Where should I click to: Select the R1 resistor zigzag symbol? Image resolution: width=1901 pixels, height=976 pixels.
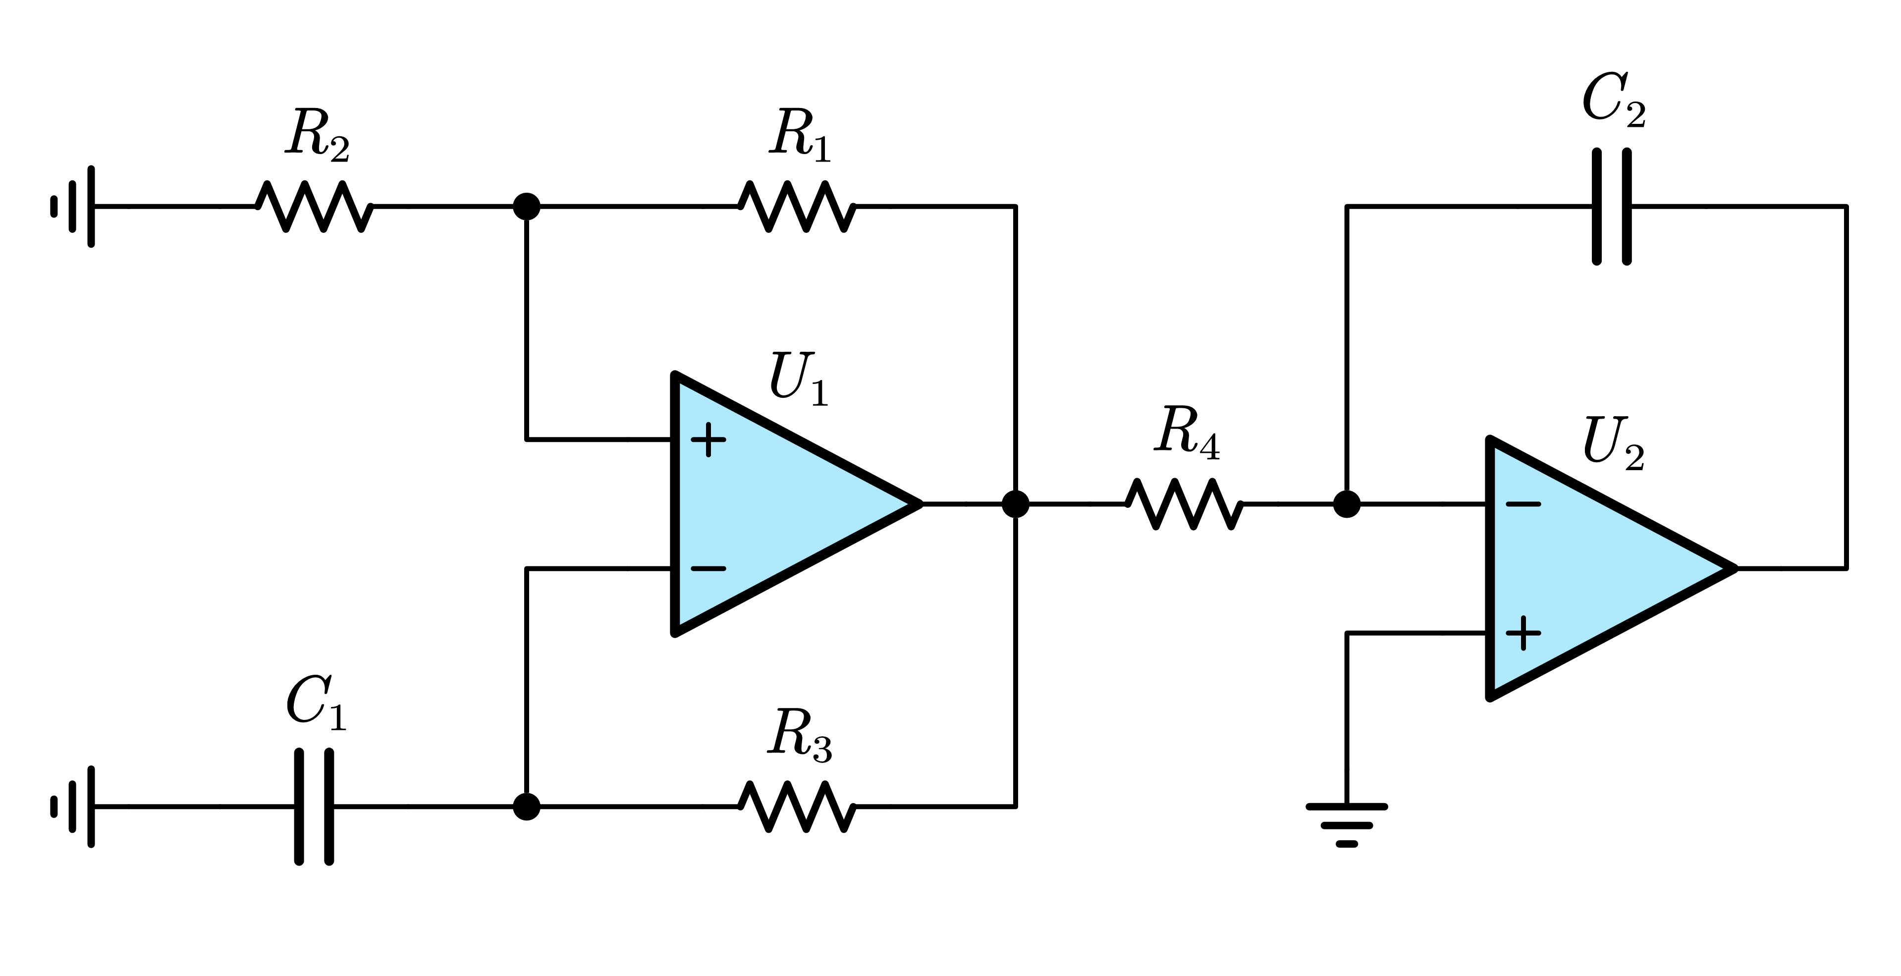797,207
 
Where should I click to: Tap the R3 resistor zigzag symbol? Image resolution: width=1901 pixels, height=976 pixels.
797,807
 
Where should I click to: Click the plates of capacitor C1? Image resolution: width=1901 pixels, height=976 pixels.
314,807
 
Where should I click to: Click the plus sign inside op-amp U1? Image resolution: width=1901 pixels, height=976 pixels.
708,440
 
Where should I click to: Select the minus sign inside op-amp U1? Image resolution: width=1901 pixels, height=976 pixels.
708,569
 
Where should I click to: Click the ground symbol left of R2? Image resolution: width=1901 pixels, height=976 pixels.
74,207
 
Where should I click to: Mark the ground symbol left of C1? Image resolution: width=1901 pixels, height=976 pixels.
74,807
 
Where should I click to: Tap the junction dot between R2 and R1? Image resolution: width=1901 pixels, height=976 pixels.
526,207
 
